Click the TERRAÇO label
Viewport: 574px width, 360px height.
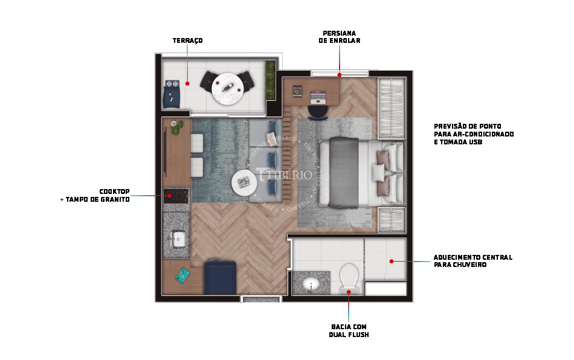click(x=187, y=40)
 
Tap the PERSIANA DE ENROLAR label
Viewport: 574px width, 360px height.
click(x=340, y=37)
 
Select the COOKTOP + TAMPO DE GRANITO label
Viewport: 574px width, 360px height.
click(x=95, y=195)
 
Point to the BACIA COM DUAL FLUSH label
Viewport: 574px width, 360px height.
click(x=349, y=331)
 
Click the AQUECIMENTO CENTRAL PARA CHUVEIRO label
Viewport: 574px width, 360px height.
click(x=473, y=261)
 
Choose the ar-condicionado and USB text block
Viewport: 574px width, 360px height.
click(x=474, y=134)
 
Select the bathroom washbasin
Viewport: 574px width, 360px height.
click(x=311, y=283)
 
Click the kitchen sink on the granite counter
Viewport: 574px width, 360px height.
click(x=179, y=239)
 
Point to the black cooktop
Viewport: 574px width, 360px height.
click(x=176, y=196)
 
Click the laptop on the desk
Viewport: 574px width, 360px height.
click(x=318, y=96)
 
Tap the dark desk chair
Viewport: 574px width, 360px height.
click(x=318, y=112)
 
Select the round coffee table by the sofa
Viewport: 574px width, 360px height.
click(x=244, y=182)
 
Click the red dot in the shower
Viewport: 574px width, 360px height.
click(x=392, y=261)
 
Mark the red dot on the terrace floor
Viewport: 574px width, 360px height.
click(x=187, y=83)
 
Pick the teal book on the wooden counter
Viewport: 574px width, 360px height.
click(x=182, y=275)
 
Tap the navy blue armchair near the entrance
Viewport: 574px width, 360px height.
click(x=220, y=277)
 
